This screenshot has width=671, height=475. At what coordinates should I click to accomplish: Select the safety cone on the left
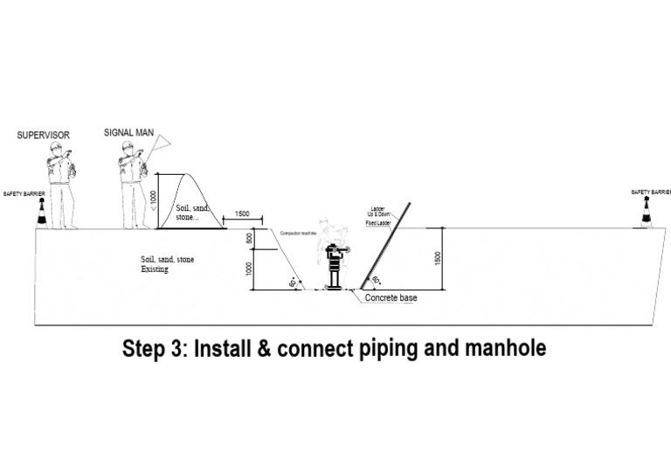tap(40, 213)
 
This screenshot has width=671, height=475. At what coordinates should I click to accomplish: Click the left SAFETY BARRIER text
tap(23, 193)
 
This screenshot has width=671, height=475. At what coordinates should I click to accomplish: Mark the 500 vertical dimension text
tap(249, 239)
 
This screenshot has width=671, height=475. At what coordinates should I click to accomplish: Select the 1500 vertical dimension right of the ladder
tap(438, 258)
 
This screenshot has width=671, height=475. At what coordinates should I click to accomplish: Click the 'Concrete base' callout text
tap(393, 297)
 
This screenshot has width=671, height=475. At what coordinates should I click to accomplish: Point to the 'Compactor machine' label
tap(297, 234)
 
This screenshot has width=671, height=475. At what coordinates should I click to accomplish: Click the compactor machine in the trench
tap(332, 267)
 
